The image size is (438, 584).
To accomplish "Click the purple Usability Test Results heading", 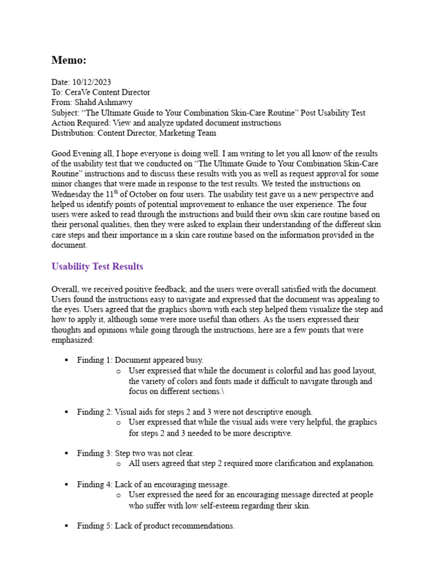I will [97, 266].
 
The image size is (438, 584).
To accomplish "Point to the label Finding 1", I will [95, 360].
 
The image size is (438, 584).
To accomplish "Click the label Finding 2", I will [95, 412].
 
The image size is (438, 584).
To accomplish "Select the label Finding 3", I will [95, 453].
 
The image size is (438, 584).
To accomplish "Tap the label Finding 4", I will [95, 484].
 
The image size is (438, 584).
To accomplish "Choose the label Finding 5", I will [95, 526].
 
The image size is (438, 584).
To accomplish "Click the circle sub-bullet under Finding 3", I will [118, 464].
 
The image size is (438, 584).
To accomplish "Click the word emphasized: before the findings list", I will [73, 340].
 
